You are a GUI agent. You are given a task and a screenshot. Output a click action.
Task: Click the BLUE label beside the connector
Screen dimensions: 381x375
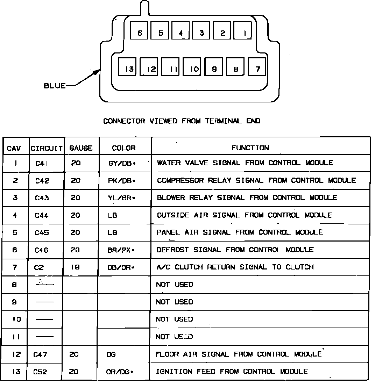pyautogui.click(x=55, y=86)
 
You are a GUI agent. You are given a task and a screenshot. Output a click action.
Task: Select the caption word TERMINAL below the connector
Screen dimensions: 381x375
pyautogui.click(x=224, y=121)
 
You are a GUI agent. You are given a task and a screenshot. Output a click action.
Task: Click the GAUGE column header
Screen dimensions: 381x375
pyautogui.click(x=81, y=148)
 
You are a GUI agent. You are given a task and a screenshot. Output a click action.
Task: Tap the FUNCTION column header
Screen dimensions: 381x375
pyautogui.click(x=250, y=148)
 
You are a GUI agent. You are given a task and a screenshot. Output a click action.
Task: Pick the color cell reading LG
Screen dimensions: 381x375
pyautogui.click(x=112, y=233)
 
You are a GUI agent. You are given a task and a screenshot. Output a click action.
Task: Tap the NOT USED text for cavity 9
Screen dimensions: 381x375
pyautogui.click(x=174, y=302)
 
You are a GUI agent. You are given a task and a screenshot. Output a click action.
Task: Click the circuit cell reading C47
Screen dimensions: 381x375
pyautogui.click(x=41, y=355)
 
